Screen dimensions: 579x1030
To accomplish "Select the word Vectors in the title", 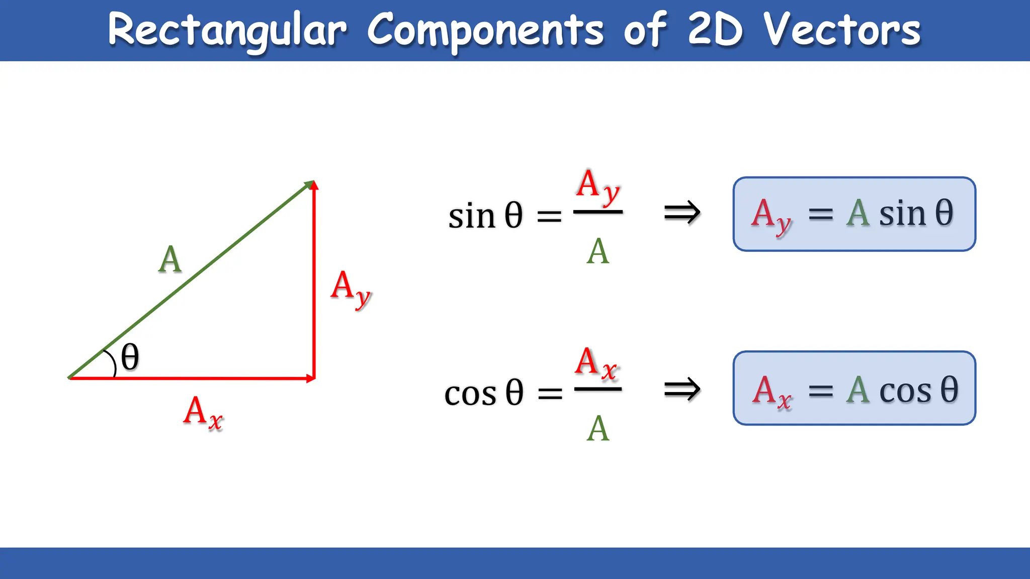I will [842, 30].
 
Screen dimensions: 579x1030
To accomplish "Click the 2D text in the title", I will [715, 30].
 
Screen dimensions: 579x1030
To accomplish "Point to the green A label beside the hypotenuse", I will [169, 260].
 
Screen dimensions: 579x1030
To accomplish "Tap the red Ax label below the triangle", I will [203, 413].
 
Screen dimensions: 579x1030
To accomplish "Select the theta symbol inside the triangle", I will [130, 357].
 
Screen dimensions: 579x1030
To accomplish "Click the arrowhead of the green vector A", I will [308, 184].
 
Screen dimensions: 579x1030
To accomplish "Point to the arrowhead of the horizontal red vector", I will [310, 378].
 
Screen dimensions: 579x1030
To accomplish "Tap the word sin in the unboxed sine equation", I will [471, 217].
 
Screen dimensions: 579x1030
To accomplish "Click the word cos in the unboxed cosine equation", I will [470, 394].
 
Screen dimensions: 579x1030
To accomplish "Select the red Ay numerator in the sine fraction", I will [597, 187].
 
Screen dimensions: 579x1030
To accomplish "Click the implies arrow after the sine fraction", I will [682, 213].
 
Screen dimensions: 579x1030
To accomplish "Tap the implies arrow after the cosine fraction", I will [682, 390].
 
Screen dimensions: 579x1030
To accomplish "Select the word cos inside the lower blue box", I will [905, 391].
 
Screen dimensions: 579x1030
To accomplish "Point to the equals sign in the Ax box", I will [821, 391].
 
